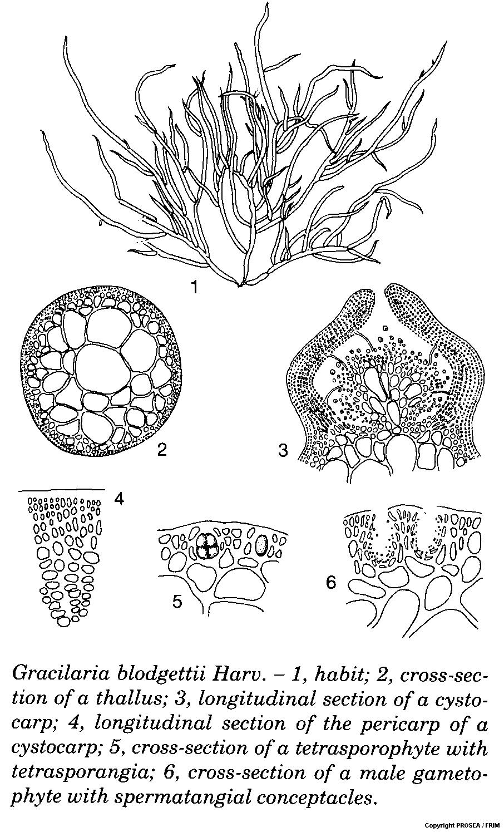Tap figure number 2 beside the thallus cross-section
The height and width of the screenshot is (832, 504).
click(x=162, y=449)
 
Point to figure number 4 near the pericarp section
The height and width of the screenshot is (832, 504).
click(x=118, y=499)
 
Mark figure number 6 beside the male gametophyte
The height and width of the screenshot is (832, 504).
click(x=331, y=583)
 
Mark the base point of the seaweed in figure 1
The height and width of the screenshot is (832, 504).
click(x=240, y=285)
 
